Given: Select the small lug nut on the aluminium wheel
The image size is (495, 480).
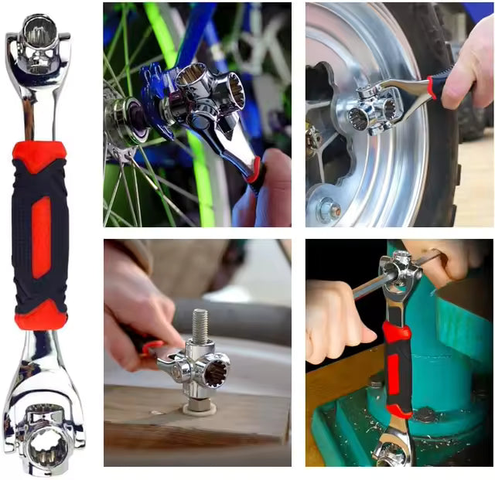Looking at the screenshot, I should coord(329,209).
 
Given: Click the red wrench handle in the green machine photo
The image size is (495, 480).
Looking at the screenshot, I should coord(398,370).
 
